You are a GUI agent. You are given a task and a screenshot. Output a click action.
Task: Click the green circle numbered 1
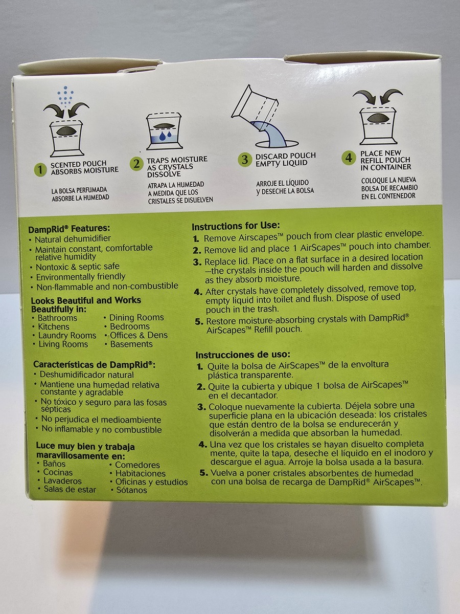(40, 169)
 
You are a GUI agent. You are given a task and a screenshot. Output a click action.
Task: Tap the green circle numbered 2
(136, 164)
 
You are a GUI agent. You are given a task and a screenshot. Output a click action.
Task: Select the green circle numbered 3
(245, 160)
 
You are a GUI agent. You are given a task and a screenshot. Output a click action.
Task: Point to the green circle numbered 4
(349, 158)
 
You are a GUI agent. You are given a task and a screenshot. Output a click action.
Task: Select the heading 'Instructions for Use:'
(236, 226)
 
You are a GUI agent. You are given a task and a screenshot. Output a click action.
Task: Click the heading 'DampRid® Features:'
(70, 229)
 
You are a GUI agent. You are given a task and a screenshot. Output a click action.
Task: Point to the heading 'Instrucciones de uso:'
(243, 355)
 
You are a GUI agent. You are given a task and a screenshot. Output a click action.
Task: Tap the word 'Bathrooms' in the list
(57, 318)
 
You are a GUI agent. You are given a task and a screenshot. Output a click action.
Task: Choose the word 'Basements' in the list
(131, 344)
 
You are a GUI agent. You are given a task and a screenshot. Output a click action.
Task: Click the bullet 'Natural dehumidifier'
(73, 239)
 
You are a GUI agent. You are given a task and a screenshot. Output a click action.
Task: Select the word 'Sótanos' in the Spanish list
(131, 490)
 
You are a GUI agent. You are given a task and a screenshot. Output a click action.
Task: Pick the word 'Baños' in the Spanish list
(54, 464)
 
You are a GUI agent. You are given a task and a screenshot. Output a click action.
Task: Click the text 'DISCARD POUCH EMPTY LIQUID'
(285, 160)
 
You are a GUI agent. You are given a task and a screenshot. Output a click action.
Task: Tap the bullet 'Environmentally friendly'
(81, 277)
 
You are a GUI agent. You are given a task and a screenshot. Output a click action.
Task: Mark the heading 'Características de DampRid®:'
(95, 365)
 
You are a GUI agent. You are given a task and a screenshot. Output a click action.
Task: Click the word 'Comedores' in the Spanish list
(137, 465)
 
